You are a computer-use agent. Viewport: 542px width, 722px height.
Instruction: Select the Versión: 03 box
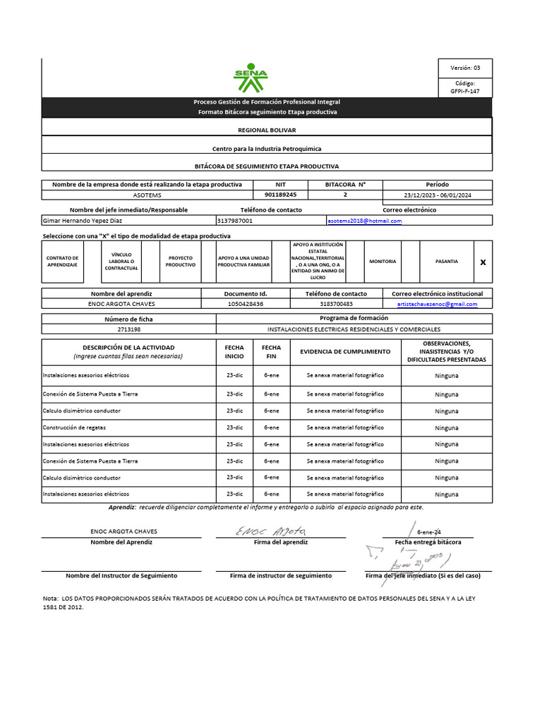[465, 68]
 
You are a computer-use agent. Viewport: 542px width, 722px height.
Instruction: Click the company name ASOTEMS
[147, 194]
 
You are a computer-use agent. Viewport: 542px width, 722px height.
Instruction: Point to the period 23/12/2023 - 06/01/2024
[438, 194]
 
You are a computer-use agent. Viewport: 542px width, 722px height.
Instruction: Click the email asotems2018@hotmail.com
[365, 221]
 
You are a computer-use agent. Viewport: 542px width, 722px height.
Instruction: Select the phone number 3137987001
[235, 221]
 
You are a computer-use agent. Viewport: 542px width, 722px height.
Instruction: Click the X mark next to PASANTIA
[483, 262]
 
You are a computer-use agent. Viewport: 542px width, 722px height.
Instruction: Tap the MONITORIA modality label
[383, 261]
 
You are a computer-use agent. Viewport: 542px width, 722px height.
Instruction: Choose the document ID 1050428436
[246, 304]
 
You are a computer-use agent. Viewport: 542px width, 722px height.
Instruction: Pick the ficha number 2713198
[128, 329]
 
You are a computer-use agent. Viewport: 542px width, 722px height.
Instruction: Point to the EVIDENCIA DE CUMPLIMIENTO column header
[344, 351]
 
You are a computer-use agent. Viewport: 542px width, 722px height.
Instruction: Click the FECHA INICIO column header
[234, 351]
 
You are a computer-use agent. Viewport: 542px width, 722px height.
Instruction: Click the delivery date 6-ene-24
[429, 532]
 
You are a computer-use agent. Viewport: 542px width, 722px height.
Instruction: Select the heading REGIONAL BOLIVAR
[267, 130]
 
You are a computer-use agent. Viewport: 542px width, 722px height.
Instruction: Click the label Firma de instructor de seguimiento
[281, 575]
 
